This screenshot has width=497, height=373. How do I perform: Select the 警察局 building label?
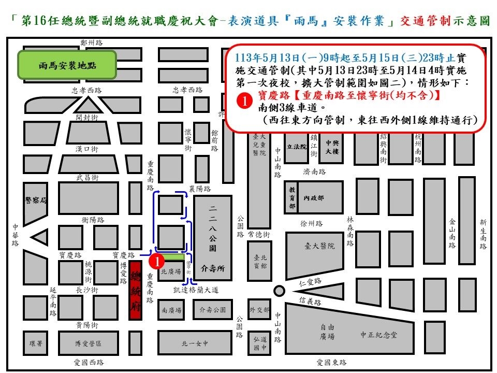[36, 200]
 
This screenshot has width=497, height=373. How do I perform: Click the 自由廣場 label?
[327, 332]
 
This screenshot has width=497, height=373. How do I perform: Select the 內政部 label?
[314, 197]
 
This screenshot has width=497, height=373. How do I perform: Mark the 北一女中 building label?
[194, 343]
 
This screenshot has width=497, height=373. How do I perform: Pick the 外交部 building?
[259, 310]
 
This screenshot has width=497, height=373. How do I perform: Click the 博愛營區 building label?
[88, 343]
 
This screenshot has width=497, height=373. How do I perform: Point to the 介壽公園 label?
[212, 310]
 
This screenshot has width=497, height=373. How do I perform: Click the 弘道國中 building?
[259, 343]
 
